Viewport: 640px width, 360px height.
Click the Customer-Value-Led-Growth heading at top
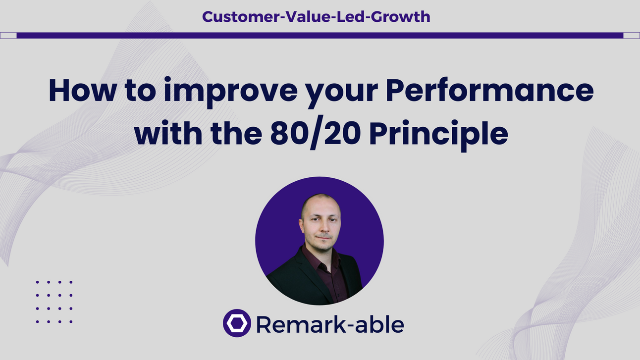316,17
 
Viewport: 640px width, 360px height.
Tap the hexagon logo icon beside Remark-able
237,323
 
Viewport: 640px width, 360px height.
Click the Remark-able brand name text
330,324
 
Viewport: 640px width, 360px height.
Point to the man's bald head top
320,199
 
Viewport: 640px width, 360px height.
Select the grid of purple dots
54,302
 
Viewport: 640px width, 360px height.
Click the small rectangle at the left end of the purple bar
8,35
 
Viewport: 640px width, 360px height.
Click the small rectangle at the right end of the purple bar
631,35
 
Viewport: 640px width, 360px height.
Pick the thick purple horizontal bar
320,35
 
